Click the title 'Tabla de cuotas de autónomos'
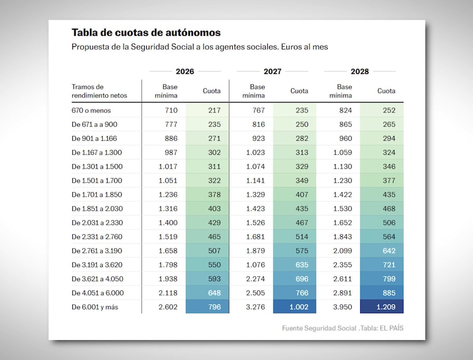[146, 32]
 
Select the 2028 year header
[359, 71]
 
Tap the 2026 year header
[185, 71]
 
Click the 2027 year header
[272, 71]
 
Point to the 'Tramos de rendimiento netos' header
[99, 91]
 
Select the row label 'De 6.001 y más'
[95, 307]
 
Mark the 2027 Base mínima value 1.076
[256, 265]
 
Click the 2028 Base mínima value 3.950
[342, 307]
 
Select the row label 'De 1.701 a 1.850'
[97, 195]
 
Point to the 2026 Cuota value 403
[214, 208]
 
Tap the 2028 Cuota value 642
[389, 251]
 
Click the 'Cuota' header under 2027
[299, 91]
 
